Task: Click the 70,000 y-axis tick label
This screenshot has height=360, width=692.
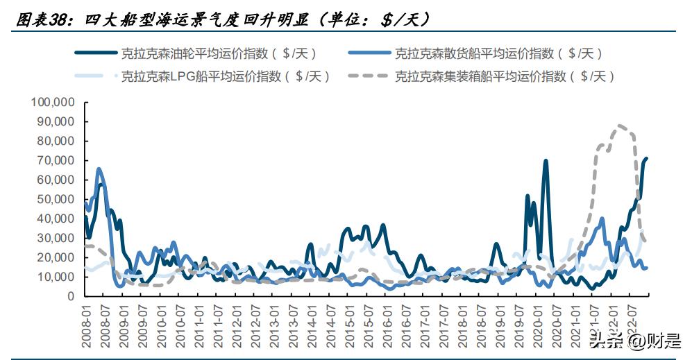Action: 56,160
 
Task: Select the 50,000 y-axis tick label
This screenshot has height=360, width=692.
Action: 56,199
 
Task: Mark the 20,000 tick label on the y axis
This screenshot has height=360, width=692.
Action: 56,257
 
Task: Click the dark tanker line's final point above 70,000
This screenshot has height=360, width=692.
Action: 647,158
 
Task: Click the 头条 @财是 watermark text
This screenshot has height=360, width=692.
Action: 634,340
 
